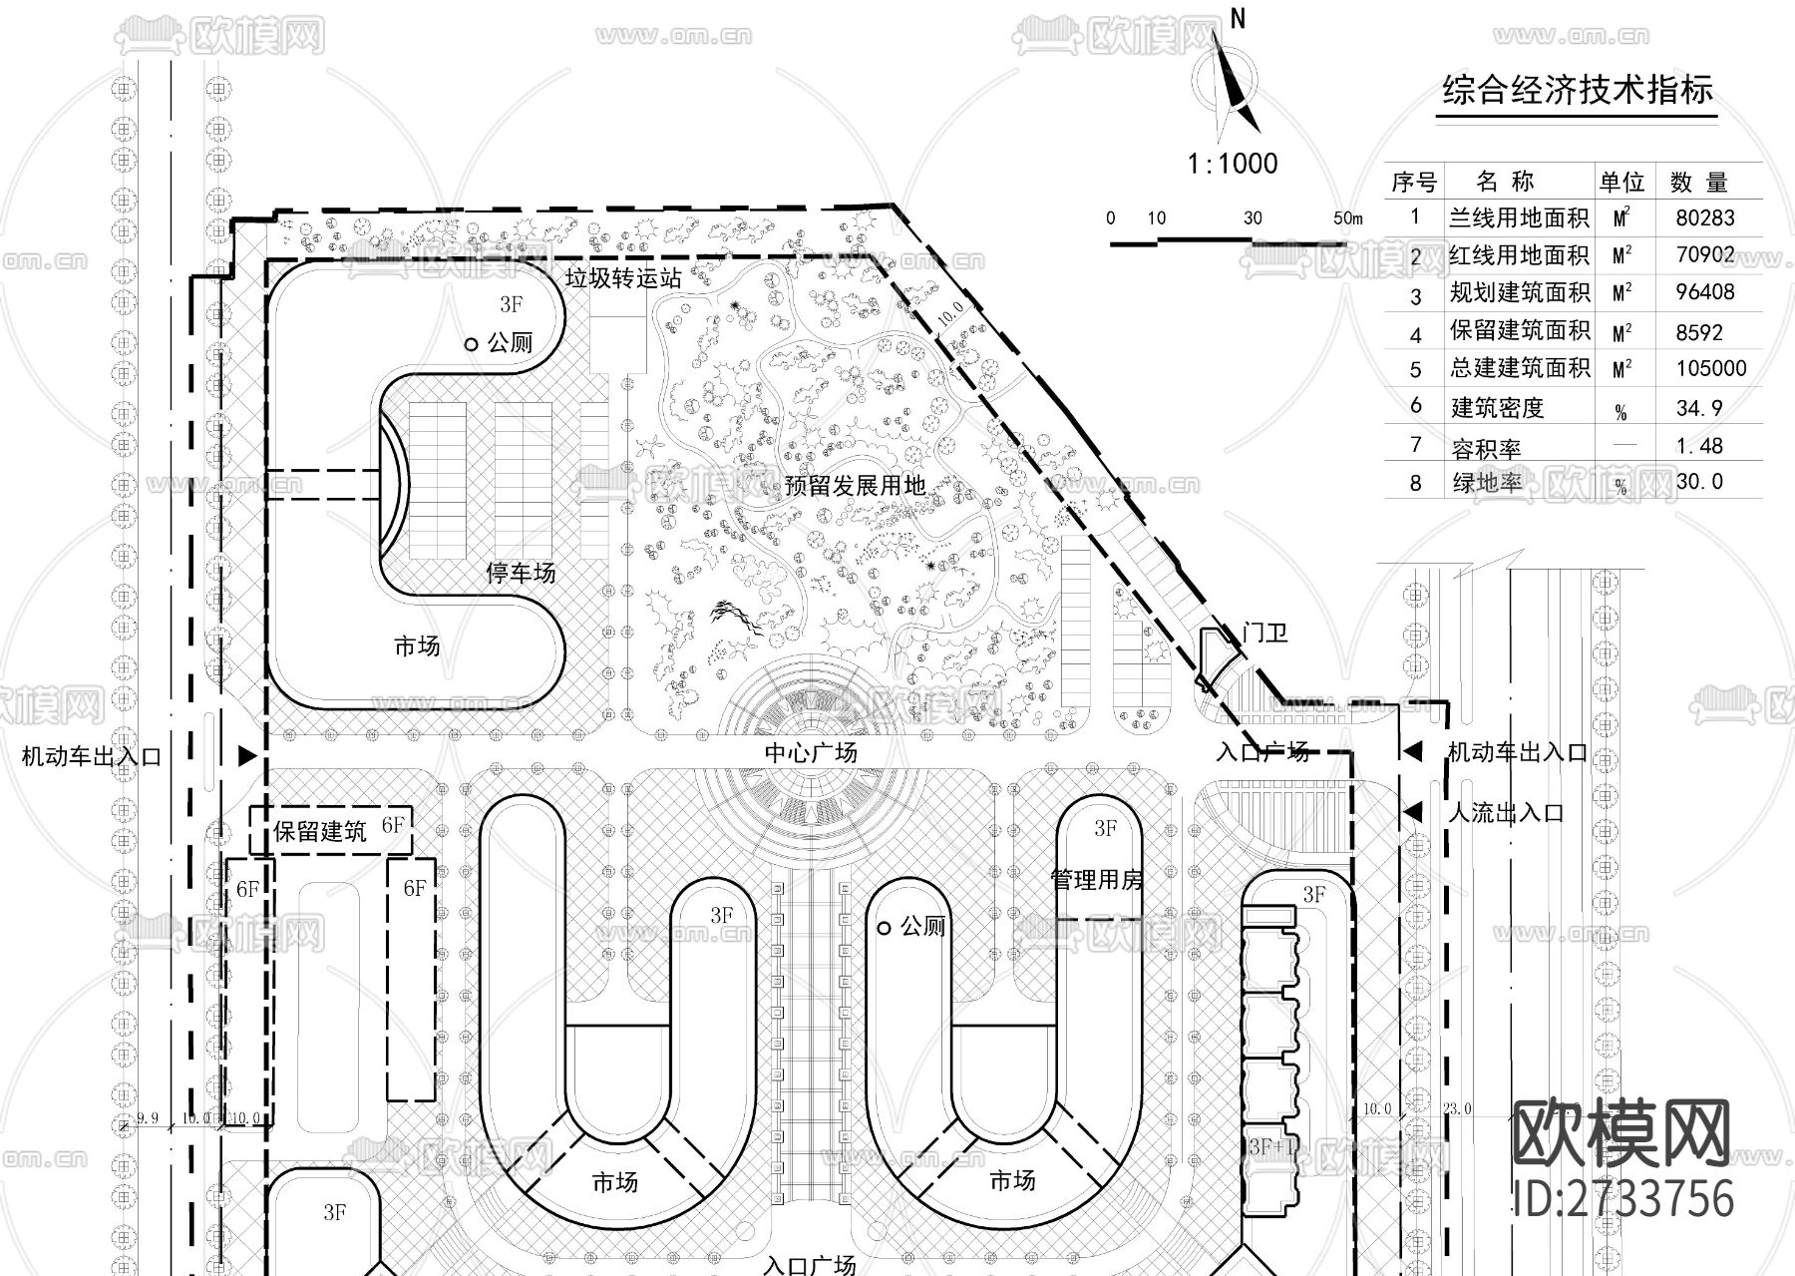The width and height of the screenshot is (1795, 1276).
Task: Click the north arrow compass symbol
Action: coord(1233,85)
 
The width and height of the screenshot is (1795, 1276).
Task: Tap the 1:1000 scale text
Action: coord(1233,164)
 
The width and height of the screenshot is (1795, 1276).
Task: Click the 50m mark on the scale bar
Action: coord(1346,218)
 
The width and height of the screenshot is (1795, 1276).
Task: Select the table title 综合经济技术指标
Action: coord(1578,91)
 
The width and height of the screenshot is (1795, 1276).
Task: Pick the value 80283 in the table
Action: coord(1705,217)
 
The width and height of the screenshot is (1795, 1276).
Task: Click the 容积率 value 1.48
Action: coord(1699,446)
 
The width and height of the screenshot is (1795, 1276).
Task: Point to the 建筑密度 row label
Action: coord(1497,407)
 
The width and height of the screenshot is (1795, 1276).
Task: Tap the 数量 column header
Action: coord(1698,183)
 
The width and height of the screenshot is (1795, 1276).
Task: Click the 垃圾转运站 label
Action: coord(623,278)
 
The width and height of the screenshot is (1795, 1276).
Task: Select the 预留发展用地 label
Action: coord(855,486)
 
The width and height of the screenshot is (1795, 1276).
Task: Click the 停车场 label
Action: coord(521,573)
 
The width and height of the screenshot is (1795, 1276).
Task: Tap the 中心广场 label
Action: coord(811,752)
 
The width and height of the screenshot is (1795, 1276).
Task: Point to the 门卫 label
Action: coord(1265,633)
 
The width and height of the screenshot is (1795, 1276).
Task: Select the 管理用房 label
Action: coord(1097,880)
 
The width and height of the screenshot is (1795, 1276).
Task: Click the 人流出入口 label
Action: coord(1505,813)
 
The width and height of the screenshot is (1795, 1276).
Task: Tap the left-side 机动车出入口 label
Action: coord(92,756)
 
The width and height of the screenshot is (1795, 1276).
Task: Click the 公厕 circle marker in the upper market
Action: coord(472,344)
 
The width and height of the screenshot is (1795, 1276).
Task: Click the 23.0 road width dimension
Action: coord(1456,1108)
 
